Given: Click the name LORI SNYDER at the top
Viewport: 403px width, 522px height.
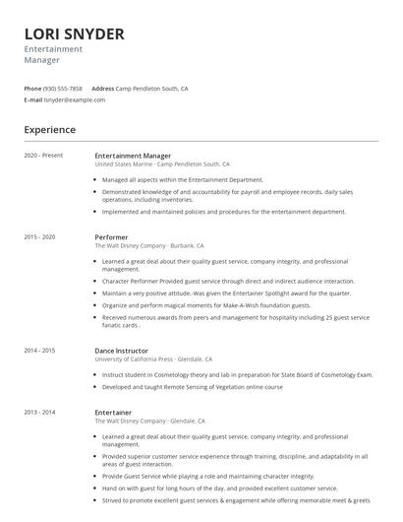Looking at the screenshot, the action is [74, 34].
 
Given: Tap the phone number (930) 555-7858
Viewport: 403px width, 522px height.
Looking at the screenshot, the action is [63, 89].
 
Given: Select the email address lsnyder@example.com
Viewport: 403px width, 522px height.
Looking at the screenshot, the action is [75, 99].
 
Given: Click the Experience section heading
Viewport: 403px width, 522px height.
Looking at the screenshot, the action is [49, 129].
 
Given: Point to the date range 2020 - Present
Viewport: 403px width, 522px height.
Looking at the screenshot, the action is [43, 156].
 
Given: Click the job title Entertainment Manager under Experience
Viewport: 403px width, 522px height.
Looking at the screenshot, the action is [133, 156].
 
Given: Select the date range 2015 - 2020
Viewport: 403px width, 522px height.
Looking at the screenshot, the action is [39, 237].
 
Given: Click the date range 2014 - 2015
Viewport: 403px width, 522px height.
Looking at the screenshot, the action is [39, 350].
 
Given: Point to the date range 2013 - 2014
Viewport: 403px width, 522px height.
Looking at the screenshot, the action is [39, 413].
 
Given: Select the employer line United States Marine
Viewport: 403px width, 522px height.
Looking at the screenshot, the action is [162, 164].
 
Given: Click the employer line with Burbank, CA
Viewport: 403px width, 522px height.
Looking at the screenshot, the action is [149, 246].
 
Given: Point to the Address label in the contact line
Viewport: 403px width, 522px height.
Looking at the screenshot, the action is [103, 89].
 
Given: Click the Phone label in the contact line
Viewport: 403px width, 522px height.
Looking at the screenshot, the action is [32, 89].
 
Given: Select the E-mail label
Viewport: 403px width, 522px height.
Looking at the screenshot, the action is [33, 99].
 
